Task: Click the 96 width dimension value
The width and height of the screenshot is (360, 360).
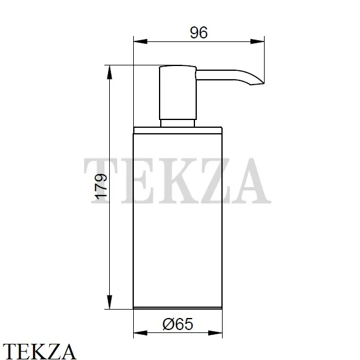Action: [199, 33]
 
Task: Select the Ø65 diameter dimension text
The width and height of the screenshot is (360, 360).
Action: [178, 324]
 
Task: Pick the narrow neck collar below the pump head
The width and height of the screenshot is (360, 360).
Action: [178, 124]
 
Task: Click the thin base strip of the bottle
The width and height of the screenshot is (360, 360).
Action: [178, 308]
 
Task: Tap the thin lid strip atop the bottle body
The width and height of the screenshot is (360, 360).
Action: [178, 130]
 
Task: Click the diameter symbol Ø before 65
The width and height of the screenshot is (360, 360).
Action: [169, 324]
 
